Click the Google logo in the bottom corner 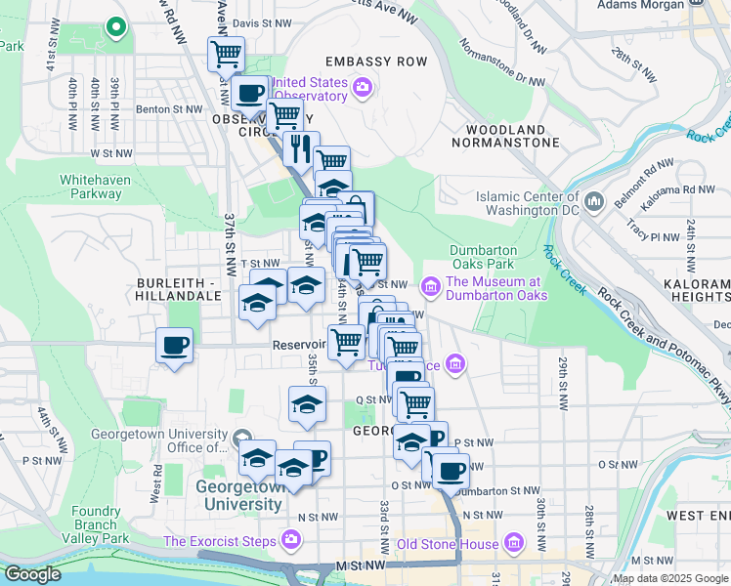click(32, 574)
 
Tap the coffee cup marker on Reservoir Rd click(174, 346)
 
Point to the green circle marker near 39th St click(115, 27)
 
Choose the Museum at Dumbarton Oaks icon click(429, 288)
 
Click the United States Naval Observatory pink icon click(363, 89)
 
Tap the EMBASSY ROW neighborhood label click(377, 62)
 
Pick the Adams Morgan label click(637, 5)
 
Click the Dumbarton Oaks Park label click(482, 257)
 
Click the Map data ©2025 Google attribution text click(670, 578)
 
